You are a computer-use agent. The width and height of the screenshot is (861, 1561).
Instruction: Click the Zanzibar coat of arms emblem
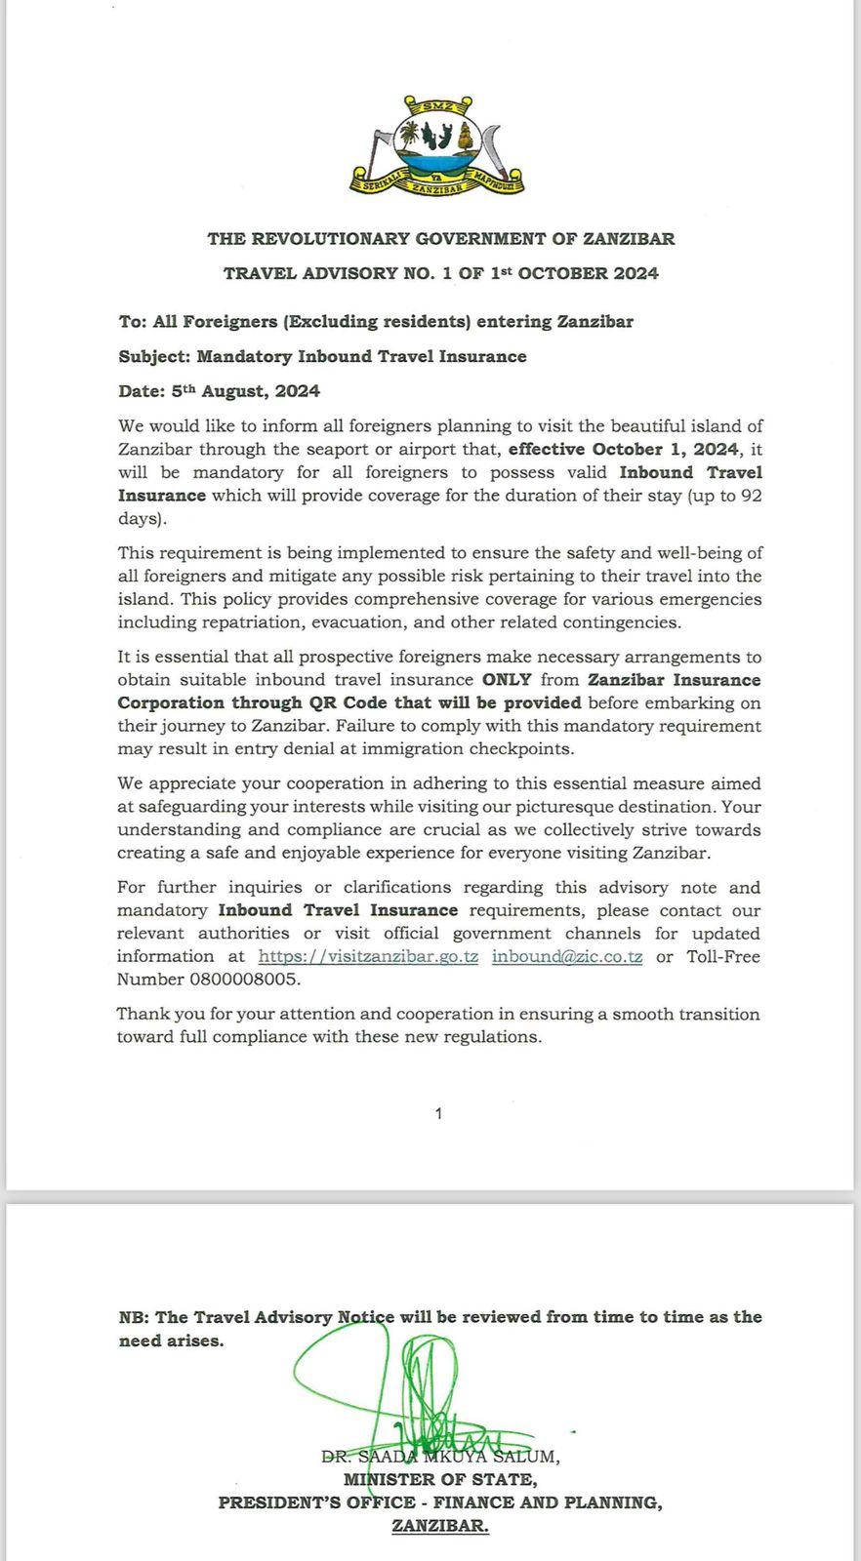(x=437, y=146)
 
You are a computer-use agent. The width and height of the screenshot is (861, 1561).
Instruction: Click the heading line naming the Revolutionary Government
(x=440, y=239)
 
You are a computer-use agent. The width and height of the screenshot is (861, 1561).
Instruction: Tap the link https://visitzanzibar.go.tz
(x=368, y=957)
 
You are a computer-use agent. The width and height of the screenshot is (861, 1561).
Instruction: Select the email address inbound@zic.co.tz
(x=566, y=957)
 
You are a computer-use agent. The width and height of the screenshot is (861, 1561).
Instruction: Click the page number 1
(x=438, y=1113)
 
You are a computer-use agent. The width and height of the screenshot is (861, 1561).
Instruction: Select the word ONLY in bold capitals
(x=507, y=680)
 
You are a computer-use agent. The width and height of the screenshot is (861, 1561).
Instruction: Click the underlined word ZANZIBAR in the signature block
(x=440, y=1527)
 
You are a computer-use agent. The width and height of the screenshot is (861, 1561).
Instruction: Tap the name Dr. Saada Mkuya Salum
(x=440, y=1457)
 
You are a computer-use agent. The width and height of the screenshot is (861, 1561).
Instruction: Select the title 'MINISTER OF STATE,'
(x=440, y=1480)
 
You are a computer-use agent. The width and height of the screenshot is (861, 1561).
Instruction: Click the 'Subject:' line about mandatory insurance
(x=322, y=357)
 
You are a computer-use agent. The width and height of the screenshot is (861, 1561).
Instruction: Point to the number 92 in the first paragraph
(x=751, y=496)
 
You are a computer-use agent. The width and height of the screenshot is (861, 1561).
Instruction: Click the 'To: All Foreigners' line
(x=376, y=322)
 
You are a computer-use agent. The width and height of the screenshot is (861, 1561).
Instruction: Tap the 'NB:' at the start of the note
(x=134, y=1318)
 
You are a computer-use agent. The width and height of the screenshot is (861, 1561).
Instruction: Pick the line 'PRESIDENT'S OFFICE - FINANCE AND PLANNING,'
(x=440, y=1503)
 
